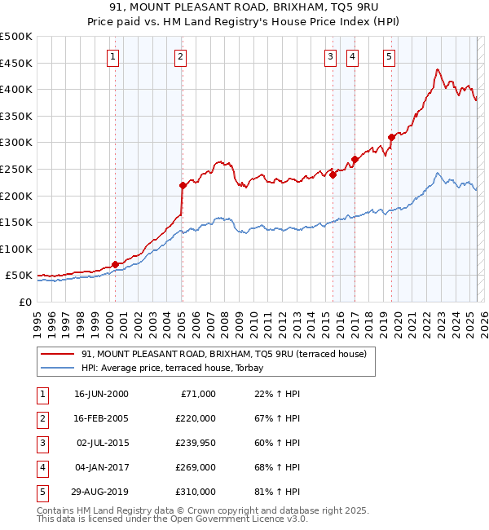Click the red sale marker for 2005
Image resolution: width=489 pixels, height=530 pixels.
[183, 185]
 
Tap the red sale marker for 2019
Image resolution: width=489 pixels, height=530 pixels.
[391, 137]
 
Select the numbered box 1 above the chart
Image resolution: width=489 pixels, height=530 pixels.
[112, 56]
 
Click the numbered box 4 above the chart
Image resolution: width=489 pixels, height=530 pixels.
[352, 56]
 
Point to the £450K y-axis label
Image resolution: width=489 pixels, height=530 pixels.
[16, 63]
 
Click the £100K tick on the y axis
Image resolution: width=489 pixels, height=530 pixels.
[16, 249]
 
